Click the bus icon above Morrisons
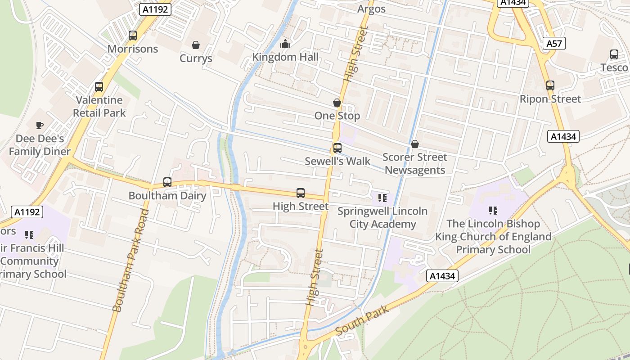point(132,35)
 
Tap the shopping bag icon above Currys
point(196,45)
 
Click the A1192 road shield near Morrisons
point(155,9)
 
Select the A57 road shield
point(554,43)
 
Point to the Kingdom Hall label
point(285,57)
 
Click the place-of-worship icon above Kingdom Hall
point(285,44)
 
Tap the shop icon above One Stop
point(337,103)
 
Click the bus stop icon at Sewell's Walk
point(337,148)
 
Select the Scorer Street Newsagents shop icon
point(415,144)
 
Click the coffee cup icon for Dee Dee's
point(40,125)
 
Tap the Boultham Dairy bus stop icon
point(167,182)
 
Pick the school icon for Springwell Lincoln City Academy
point(382,198)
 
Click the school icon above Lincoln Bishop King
point(493,210)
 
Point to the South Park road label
point(362,320)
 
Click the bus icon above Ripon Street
point(550,85)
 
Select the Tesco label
point(614,67)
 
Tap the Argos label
point(372,9)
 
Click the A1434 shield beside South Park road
point(442,276)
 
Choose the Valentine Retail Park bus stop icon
point(99,87)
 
